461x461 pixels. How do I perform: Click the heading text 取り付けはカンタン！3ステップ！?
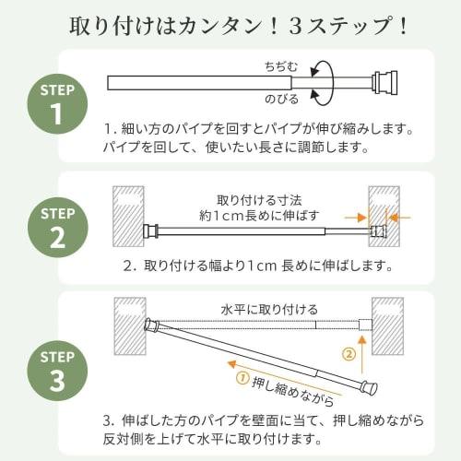(x=230, y=24)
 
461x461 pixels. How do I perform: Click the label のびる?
(x=280, y=95)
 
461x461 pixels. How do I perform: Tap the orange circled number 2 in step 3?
(x=348, y=352)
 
